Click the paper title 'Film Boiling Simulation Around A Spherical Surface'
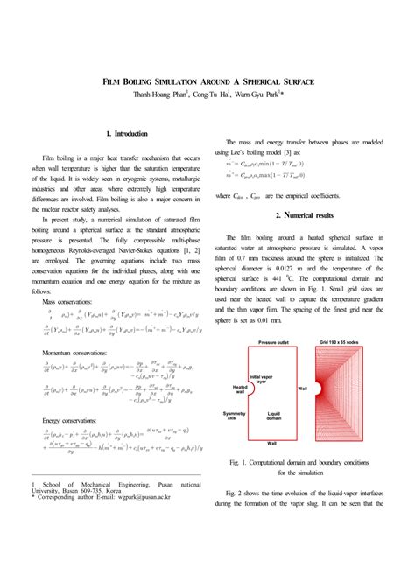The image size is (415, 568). coord(208,81)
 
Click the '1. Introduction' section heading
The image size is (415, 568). coord(125,134)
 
